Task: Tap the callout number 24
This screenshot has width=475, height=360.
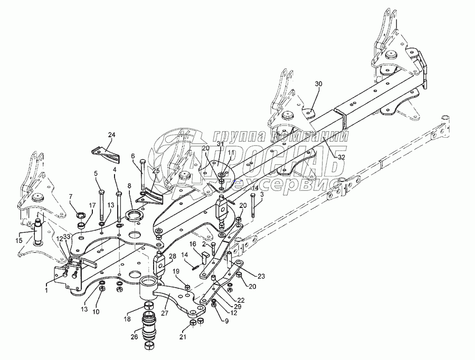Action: [111, 135]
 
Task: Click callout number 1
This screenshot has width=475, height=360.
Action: [46, 290]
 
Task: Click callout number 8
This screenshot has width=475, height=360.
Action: [129, 186]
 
